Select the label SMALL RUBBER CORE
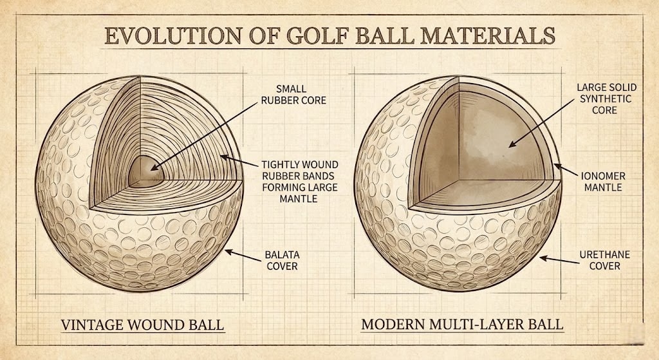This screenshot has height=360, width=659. [301, 95]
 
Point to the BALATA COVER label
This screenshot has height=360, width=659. [282, 260]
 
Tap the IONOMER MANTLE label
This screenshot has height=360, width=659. [603, 181]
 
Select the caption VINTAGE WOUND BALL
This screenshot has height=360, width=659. [142, 324]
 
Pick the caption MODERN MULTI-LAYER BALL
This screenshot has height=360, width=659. [461, 324]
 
